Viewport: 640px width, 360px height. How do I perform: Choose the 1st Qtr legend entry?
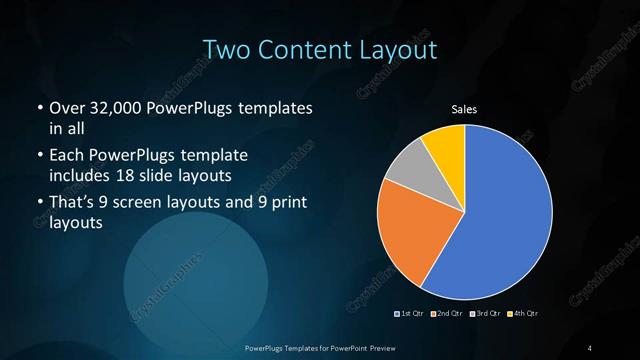(412, 313)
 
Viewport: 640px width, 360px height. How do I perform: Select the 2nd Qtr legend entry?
(447, 313)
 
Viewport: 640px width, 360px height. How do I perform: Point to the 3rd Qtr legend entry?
(484, 313)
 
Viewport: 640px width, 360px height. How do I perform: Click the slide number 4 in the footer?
(590, 347)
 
